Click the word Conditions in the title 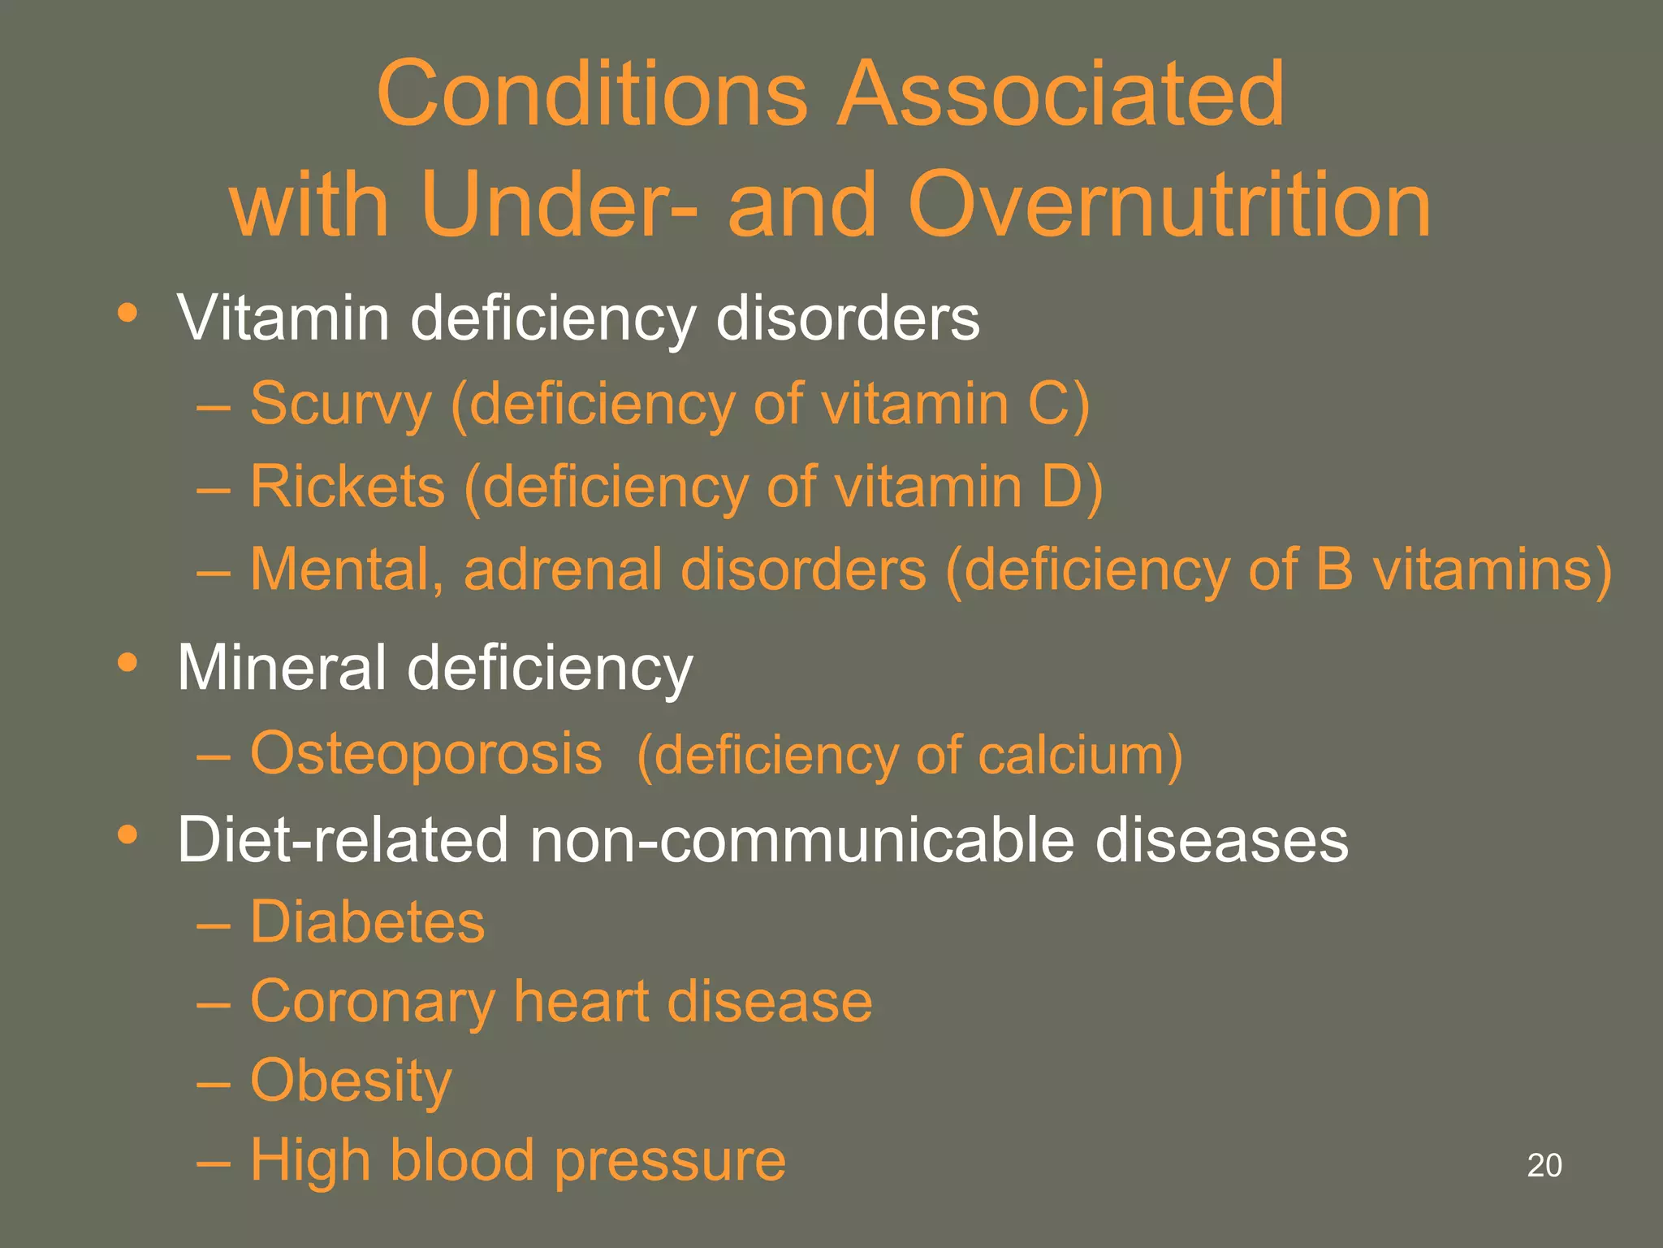(592, 94)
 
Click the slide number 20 (1544, 1165)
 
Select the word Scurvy (340, 405)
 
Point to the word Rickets (348, 487)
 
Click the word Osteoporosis (426, 754)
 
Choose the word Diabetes (367, 922)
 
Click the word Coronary (373, 1002)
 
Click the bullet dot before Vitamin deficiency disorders (127, 314)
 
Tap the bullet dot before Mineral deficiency (127, 663)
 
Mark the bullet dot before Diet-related (127, 834)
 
